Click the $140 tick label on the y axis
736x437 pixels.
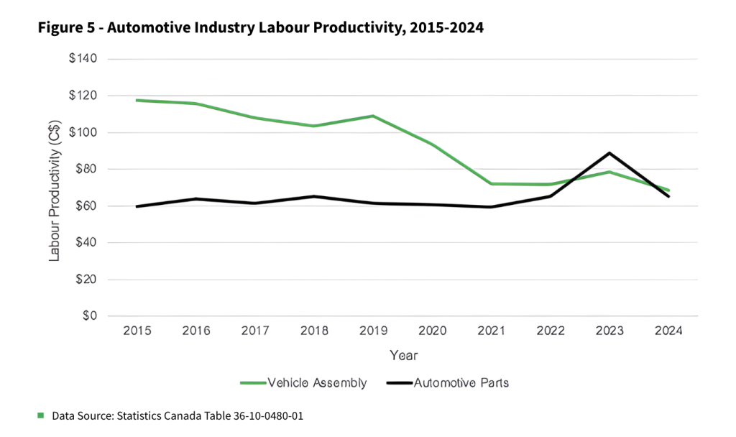83,59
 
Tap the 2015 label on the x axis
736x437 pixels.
137,331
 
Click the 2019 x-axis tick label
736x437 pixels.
373,331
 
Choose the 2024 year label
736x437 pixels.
668,331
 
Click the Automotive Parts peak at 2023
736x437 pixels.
609,153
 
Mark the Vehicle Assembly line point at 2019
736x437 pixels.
373,116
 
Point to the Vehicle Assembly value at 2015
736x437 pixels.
137,101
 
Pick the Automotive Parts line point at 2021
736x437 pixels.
492,207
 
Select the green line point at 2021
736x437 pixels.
492,184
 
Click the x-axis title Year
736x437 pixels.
403,356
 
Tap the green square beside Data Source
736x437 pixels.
41,415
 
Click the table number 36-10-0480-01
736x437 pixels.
267,416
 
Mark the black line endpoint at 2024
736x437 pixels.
668,196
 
